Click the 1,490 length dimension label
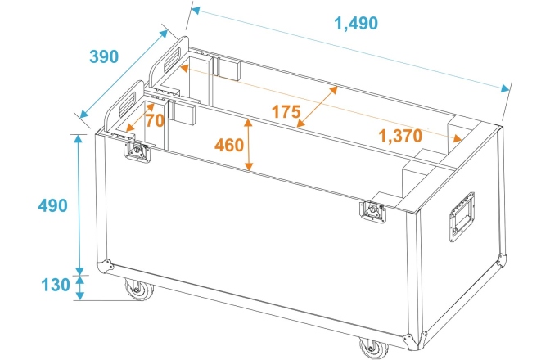[x=356, y=24]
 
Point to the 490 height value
[x=53, y=205]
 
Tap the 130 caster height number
[x=53, y=286]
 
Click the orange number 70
[x=155, y=119]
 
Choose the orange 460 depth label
[x=229, y=146]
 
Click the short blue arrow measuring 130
[x=79, y=286]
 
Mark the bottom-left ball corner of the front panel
[x=106, y=267]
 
